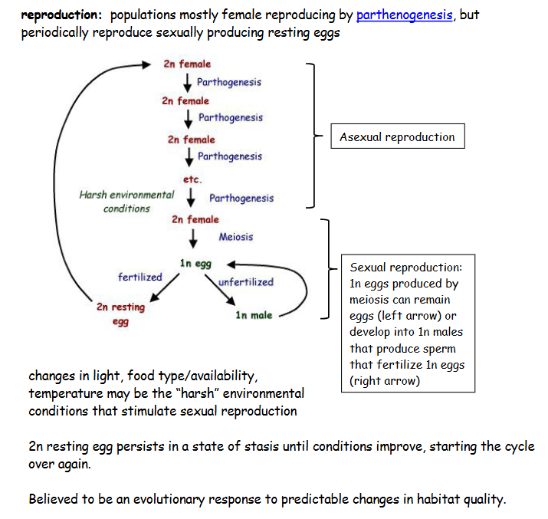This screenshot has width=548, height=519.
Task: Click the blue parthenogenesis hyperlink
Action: pos(404,15)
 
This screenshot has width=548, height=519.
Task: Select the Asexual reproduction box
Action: pos(397,138)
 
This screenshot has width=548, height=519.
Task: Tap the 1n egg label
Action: pos(195,264)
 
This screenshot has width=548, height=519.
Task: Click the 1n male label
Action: pos(254,315)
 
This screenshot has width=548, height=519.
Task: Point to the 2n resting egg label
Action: pos(120,314)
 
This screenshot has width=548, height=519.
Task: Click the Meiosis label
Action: pos(235,237)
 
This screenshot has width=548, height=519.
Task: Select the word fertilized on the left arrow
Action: pos(139,277)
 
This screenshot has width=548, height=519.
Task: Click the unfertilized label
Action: pos(245,282)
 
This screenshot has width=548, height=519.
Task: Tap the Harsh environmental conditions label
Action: pos(126,202)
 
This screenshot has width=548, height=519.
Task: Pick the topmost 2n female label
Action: pos(187,64)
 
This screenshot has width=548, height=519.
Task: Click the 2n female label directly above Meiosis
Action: pos(195,219)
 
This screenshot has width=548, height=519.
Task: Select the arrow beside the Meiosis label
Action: pos(195,238)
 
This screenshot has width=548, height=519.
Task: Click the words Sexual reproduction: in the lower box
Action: pos(405,268)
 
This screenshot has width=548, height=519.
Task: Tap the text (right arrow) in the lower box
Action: pos(385,381)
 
